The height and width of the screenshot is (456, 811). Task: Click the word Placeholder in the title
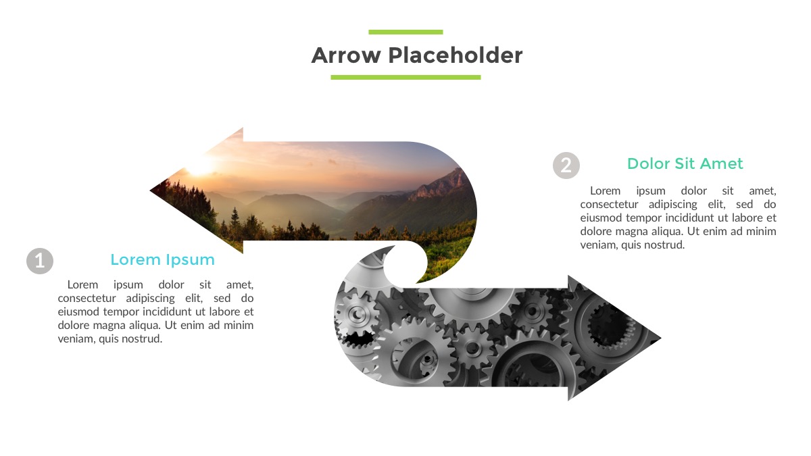[456, 55]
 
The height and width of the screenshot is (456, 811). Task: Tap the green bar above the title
[405, 32]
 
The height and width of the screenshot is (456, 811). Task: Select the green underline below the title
[405, 78]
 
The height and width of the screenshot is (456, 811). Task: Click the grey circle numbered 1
[40, 261]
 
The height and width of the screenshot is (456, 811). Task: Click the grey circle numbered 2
[566, 165]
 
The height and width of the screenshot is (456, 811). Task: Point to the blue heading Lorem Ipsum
[162, 260]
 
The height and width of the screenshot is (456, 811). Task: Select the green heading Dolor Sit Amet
[685, 163]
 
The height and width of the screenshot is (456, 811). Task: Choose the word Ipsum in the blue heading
[193, 260]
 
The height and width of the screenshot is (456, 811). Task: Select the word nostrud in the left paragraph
[143, 338]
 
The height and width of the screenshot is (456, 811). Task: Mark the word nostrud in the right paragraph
[665, 245]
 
